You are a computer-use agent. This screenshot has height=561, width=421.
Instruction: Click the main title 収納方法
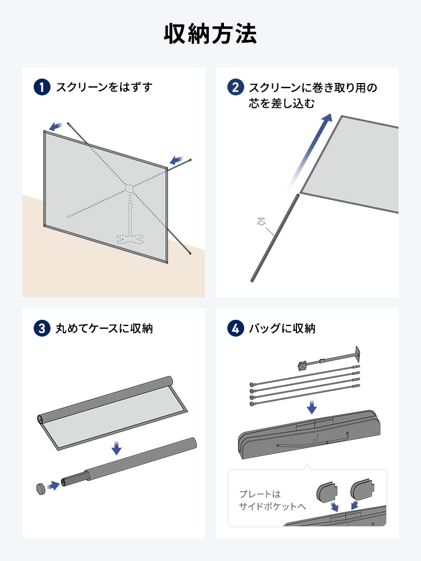click(x=210, y=34)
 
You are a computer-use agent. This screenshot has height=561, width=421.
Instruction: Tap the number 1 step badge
click(x=42, y=88)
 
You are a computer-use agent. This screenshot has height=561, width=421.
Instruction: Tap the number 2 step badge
click(x=235, y=88)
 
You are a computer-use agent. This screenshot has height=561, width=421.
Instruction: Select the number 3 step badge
click(x=42, y=328)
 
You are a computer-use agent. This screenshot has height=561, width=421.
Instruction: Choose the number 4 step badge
click(x=235, y=328)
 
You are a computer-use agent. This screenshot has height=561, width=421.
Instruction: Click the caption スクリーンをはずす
click(x=104, y=88)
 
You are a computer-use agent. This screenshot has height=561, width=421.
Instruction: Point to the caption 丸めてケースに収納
click(x=104, y=328)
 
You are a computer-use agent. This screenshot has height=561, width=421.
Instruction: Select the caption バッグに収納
click(x=282, y=328)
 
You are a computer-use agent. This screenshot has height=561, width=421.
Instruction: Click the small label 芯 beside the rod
click(x=262, y=222)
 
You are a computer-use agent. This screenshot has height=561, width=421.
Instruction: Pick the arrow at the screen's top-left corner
click(x=55, y=126)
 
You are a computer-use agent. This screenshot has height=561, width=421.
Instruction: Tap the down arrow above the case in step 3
click(x=116, y=448)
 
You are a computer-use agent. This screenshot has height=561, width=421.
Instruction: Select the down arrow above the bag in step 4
click(x=312, y=405)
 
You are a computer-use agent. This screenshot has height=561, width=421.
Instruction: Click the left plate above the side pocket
click(x=329, y=492)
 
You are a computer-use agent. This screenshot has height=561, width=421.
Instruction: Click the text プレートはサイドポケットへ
click(x=272, y=500)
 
